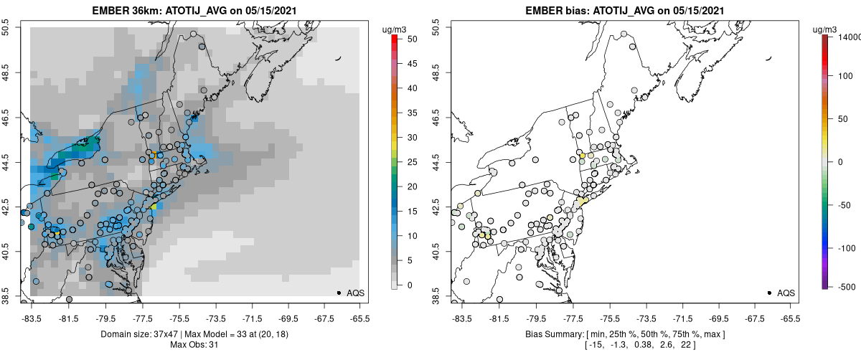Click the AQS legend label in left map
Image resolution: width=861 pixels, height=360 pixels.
pos(355,293)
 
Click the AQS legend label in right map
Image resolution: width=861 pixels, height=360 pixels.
pos(786,293)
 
